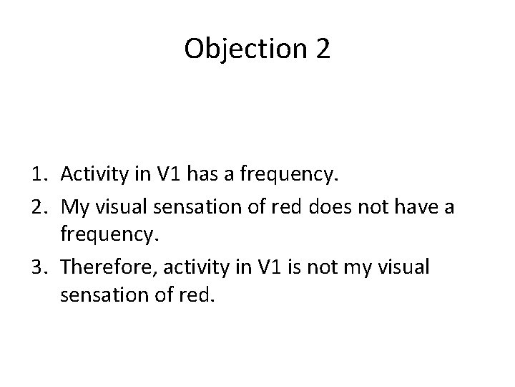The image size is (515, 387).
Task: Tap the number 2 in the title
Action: click(x=322, y=49)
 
